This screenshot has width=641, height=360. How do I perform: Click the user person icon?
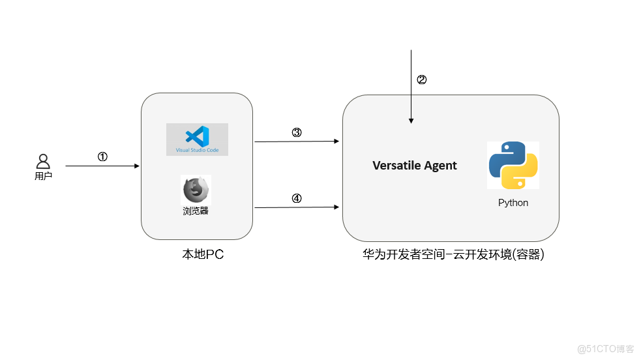tap(43, 161)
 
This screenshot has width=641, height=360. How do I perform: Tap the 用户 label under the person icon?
tap(43, 176)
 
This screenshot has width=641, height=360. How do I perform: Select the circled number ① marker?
tap(102, 157)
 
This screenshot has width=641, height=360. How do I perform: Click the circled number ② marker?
tap(421, 80)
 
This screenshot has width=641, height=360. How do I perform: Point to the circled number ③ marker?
tap(296, 132)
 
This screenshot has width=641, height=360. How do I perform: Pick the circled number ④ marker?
tap(296, 199)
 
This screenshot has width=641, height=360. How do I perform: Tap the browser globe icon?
tap(196, 190)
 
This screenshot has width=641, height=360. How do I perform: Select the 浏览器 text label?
tap(196, 211)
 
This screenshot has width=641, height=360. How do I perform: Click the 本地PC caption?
tap(203, 254)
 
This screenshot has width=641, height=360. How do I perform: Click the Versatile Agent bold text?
tap(414, 166)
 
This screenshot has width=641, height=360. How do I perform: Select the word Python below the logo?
tap(513, 203)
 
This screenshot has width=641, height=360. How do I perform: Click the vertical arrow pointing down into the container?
tap(411, 88)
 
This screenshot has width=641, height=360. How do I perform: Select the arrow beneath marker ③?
tap(297, 141)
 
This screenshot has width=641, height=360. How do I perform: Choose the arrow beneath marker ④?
tap(297, 207)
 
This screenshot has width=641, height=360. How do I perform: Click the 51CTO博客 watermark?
tap(606, 349)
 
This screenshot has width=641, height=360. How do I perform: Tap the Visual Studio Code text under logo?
tap(197, 150)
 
